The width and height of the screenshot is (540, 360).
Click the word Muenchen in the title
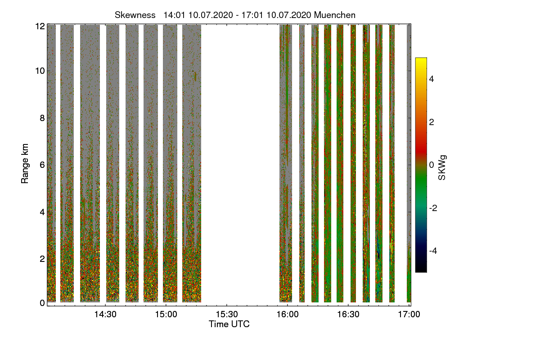pyautogui.click(x=335, y=15)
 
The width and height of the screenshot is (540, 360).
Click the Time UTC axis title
pyautogui.click(x=229, y=324)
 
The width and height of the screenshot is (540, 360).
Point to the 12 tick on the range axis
pyautogui.click(x=40, y=26)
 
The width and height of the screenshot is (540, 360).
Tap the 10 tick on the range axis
pyautogui.click(x=40, y=71)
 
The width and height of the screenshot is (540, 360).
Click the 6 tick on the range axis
pyautogui.click(x=42, y=165)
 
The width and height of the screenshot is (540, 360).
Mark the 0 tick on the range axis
pyautogui.click(x=42, y=303)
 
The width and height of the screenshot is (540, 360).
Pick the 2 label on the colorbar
pyautogui.click(x=432, y=122)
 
